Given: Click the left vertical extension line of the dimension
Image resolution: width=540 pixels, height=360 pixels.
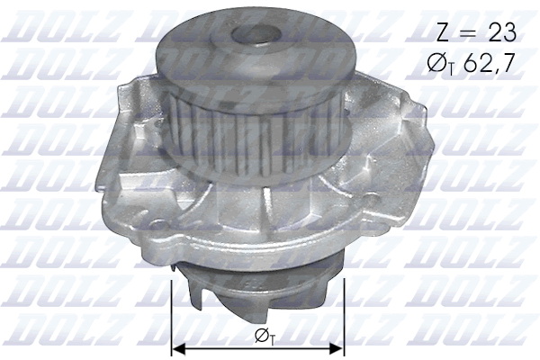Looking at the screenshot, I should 171,315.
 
